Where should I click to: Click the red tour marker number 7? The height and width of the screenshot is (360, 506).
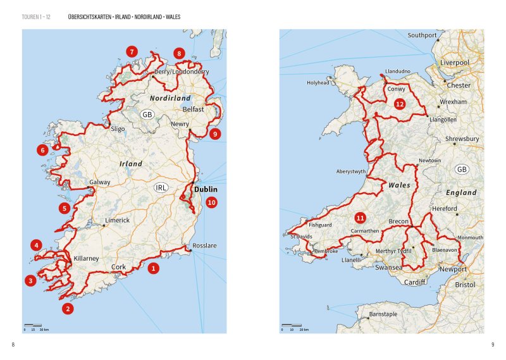(132, 52)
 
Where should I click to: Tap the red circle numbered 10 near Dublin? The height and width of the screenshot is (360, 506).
(211, 202)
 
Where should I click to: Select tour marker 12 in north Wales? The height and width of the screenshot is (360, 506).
(399, 104)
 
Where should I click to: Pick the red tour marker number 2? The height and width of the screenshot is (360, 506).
(68, 309)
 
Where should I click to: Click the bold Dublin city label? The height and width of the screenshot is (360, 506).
(206, 189)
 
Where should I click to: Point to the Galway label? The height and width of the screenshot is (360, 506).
(100, 182)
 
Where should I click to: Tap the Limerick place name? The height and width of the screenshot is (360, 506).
(118, 220)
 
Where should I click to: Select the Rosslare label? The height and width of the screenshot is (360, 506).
(204, 245)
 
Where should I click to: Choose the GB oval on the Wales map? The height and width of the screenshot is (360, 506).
(462, 169)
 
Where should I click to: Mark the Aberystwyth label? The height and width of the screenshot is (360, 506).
(352, 171)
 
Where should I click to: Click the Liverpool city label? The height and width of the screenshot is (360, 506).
(455, 63)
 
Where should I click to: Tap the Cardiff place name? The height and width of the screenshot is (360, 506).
(415, 282)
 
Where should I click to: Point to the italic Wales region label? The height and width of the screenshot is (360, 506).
(399, 185)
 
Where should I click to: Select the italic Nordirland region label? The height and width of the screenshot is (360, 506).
(170, 99)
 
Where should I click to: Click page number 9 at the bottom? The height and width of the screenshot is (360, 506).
(492, 344)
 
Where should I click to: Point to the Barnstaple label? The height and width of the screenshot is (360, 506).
(383, 314)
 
